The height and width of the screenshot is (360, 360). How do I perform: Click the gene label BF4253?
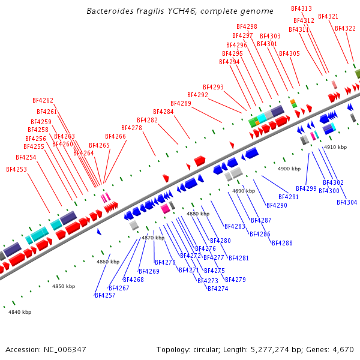point(16,169)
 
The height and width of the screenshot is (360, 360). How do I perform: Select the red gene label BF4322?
point(345,28)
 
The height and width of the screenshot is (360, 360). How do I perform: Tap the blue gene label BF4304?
point(347,202)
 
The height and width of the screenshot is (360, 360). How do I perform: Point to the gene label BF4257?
point(104,295)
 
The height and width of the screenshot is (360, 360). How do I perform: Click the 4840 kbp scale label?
point(19,312)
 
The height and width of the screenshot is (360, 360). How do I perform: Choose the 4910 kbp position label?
point(335,147)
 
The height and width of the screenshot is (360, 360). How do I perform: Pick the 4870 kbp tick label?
point(152,238)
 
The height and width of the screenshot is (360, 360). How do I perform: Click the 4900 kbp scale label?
point(289,169)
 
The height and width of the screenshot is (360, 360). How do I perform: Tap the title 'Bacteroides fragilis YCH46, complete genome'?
point(180,11)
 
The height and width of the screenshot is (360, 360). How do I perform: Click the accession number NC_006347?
point(46,349)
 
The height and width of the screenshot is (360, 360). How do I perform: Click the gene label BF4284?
point(163,112)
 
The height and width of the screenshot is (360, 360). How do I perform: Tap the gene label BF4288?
point(282,243)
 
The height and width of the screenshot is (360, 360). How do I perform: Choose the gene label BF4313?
point(301,8)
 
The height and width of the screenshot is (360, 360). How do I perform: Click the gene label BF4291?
point(289,197)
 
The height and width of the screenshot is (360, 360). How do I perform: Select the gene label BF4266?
point(116,136)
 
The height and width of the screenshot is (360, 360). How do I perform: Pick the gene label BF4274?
point(218,289)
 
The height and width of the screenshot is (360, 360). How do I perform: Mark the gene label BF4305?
point(289,53)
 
